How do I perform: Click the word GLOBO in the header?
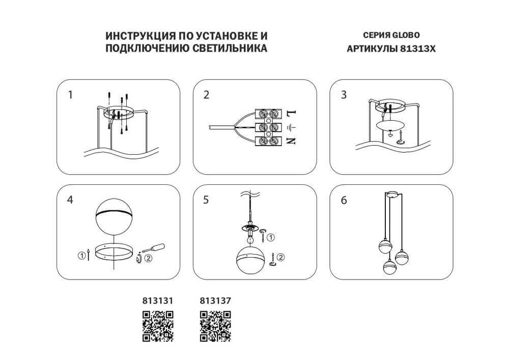[x=405, y=36]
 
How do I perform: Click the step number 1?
[x=70, y=95]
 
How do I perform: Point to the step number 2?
[x=206, y=95]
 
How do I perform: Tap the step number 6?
[x=344, y=200]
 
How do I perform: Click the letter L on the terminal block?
[x=291, y=112]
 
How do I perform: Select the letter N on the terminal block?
[x=291, y=141]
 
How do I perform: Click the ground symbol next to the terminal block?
[x=291, y=126]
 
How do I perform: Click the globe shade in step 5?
[x=250, y=261]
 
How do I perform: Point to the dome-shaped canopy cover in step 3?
[x=389, y=125]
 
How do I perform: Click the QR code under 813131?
[x=158, y=326]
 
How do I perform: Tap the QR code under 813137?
[x=215, y=326]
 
